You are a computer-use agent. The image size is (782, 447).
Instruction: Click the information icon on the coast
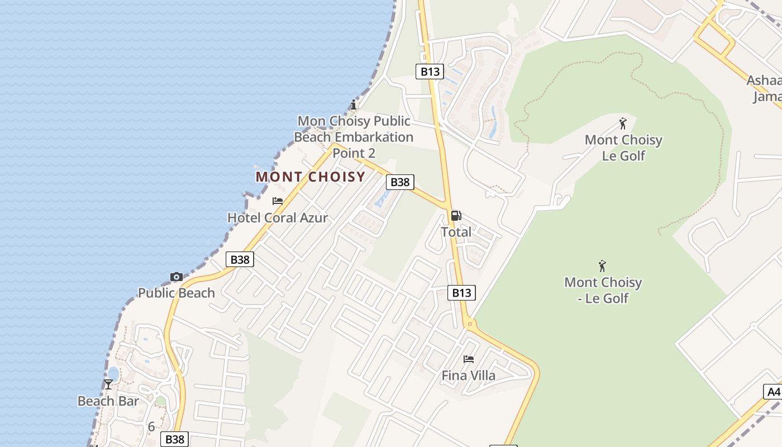pos(353,104)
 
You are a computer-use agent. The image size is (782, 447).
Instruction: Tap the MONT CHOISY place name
pos(310,177)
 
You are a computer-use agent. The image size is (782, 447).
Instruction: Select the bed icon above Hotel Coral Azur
pos(278,201)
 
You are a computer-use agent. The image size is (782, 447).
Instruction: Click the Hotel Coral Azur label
pos(278,218)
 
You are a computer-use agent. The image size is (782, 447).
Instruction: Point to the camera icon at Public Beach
pos(177,277)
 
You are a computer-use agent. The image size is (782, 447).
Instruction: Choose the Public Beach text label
pos(177,293)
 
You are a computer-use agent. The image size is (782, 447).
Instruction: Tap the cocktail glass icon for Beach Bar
pos(108,384)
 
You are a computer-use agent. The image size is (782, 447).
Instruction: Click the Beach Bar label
pos(108,401)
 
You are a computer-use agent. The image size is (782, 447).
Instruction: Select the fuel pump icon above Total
pos(456,216)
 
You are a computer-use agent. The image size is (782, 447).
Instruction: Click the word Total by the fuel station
pos(456,232)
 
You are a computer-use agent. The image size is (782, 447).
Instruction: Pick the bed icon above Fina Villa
pos(469,359)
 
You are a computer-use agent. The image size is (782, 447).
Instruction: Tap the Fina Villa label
pos(469,375)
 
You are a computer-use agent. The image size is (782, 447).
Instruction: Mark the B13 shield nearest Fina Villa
pos(461,292)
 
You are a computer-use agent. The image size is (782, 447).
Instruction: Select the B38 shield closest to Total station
pos(400,182)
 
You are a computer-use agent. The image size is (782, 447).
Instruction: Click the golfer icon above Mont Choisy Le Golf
pos(623,123)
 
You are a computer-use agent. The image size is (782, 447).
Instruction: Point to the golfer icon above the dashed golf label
pos(602,266)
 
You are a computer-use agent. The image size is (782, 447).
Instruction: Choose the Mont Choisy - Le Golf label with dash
pos(603,290)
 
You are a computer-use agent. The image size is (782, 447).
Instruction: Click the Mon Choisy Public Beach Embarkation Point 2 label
pos(354,137)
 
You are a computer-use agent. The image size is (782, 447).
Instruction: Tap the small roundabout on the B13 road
pos(470,324)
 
